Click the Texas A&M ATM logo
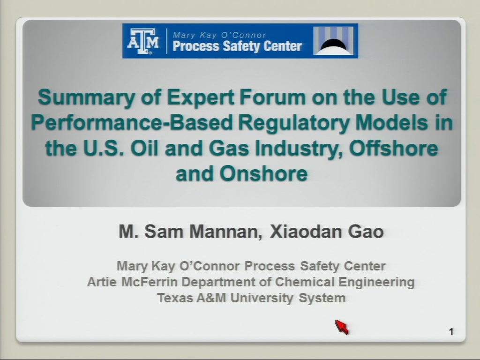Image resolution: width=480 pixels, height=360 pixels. tap(143, 41)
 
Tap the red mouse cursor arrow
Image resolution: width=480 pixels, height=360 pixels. tap(342, 327)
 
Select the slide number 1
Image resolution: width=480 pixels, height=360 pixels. tap(451, 331)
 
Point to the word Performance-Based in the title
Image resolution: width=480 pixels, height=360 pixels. tap(132, 122)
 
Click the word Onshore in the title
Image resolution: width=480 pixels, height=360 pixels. tap(263, 173)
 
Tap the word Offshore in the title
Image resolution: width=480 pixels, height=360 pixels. tap(393, 148)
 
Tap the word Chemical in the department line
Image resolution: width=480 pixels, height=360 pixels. tap(305, 282)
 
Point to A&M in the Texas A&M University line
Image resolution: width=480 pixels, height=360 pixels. tap(211, 298)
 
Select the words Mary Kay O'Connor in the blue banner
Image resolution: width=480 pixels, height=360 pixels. tap(219, 35)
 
